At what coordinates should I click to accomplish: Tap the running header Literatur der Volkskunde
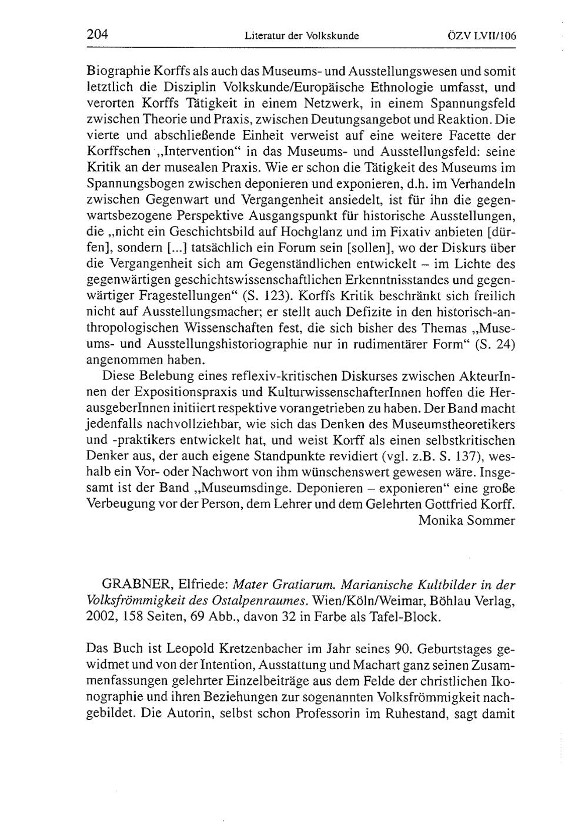301,36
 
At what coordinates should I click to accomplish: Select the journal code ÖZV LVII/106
482,36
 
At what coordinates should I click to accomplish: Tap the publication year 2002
100,617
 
